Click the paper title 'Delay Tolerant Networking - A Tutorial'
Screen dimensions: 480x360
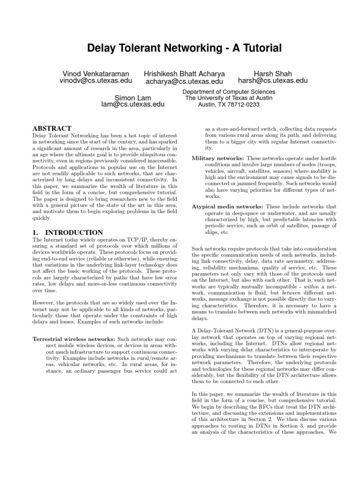[x=180, y=48]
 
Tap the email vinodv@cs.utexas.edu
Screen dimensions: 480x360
[x=96, y=81]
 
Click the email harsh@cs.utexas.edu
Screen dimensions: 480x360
[x=272, y=81]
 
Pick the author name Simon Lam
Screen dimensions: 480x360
[x=133, y=97]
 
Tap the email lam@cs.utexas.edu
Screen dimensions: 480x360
[x=133, y=104]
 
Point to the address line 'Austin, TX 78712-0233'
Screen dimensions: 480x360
[x=229, y=105]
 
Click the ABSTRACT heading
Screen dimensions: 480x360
[x=52, y=128]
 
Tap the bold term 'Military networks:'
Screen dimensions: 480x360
[x=218, y=159]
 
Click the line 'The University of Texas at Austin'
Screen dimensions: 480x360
[x=229, y=98]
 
